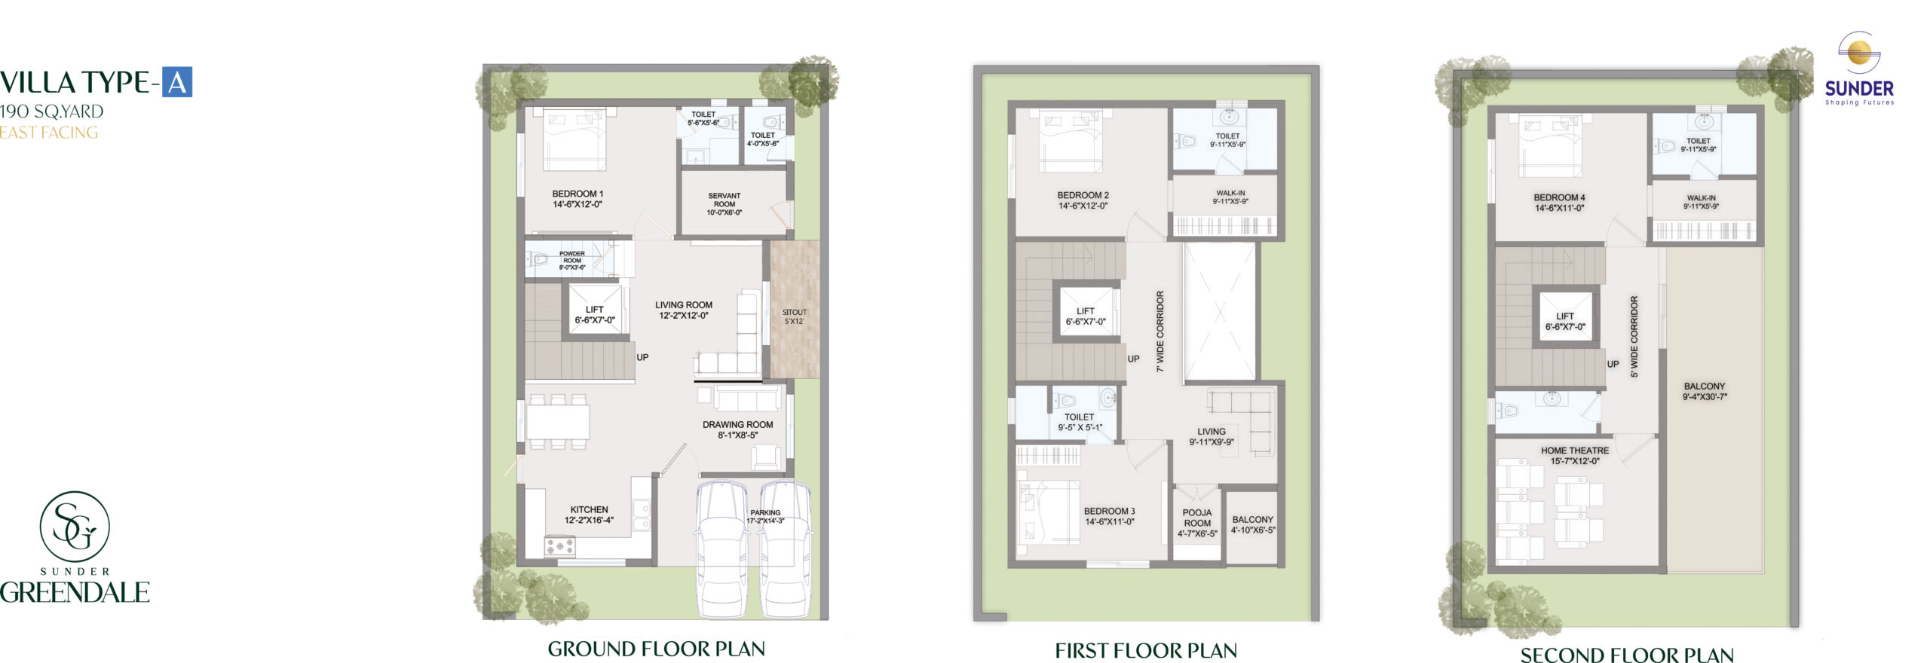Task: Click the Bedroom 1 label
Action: pos(577,199)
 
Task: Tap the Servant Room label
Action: pos(724,204)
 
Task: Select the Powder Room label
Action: pos(572,261)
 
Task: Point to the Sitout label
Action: pos(795,316)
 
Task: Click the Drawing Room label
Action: pos(737,429)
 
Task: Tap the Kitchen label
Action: pos(589,515)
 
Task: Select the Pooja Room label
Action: pos(1197,523)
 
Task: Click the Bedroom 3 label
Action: pos(1109,516)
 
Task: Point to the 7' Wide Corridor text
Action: pos(1160,331)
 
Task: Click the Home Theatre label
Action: pos(1575,456)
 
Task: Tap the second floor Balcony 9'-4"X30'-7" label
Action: pos(1705,391)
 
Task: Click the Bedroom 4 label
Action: pos(1559,203)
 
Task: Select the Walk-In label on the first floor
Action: pos(1230,197)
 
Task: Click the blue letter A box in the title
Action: pos(177,82)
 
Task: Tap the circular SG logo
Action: pos(75,527)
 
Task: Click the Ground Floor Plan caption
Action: pos(656,649)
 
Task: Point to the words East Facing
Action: pos(49,133)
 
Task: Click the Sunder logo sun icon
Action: pos(1859,52)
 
